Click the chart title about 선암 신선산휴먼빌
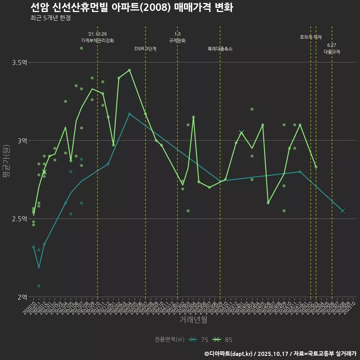(x=132, y=7)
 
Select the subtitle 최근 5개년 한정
(x=51, y=18)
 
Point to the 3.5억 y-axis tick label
(x=19, y=62)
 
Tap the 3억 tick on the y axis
(x=22, y=141)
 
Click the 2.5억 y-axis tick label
(x=19, y=219)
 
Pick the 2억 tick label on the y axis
(x=22, y=297)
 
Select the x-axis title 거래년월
(x=193, y=320)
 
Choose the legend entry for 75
(x=199, y=340)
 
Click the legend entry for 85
(x=223, y=340)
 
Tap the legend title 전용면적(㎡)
(x=169, y=340)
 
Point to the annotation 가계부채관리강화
(x=97, y=40)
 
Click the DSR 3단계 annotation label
(x=145, y=49)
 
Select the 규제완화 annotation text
(x=177, y=40)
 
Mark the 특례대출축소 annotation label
(x=220, y=49)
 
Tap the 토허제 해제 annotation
(x=311, y=37)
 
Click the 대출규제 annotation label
(x=332, y=52)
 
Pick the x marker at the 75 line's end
(x=342, y=211)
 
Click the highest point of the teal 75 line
(x=129, y=114)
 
